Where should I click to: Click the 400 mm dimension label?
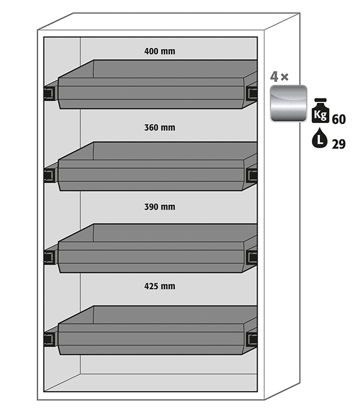point(160,51)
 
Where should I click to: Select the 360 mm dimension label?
point(160,128)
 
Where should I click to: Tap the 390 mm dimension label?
point(160,207)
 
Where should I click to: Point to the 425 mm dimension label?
point(160,286)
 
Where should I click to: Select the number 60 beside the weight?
point(338,119)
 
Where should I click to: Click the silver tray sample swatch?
point(288,104)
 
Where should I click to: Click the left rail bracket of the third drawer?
point(50,256)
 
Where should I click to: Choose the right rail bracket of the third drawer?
point(251,256)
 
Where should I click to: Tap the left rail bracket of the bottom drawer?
point(50,338)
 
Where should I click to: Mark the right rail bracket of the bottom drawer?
point(251,338)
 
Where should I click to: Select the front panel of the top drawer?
point(152,96)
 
